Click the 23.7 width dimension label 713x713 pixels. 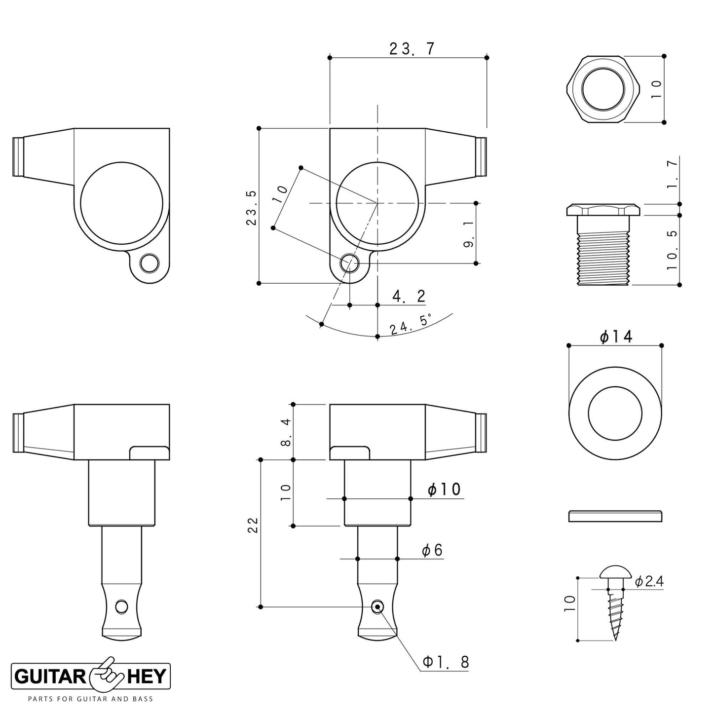(412, 48)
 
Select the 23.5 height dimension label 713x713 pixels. (251, 208)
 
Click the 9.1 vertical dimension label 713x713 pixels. (468, 234)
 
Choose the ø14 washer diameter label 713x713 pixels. (616, 337)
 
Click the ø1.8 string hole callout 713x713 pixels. (446, 662)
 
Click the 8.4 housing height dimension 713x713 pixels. (287, 433)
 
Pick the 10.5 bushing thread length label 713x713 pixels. (672, 250)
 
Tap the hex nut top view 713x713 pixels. (603, 89)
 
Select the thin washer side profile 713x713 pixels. (615, 516)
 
